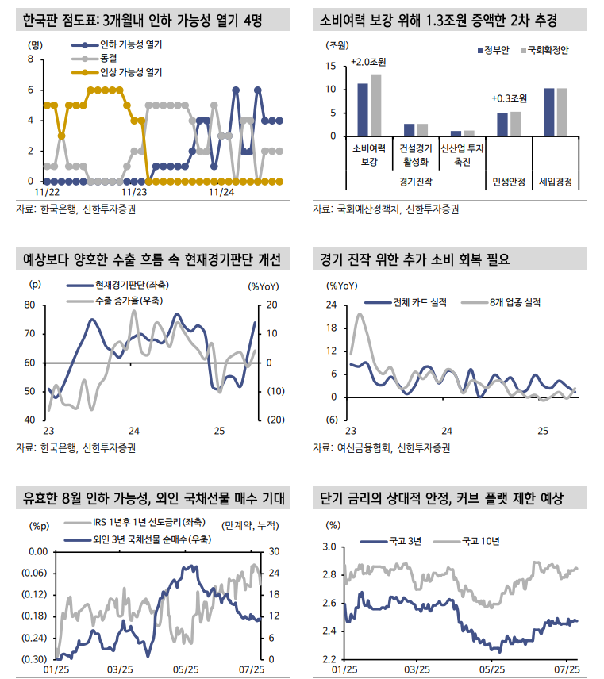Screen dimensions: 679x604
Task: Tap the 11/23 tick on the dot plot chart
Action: pyautogui.click(x=134, y=191)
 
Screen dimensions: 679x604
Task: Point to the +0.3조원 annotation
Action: pyautogui.click(x=509, y=98)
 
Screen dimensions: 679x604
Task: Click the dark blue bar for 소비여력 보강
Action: pyautogui.click(x=362, y=109)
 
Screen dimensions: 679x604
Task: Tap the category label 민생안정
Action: pyautogui.click(x=508, y=182)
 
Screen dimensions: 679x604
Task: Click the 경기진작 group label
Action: pyautogui.click(x=416, y=182)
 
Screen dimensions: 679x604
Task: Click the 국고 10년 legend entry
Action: pyautogui.click(x=476, y=541)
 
